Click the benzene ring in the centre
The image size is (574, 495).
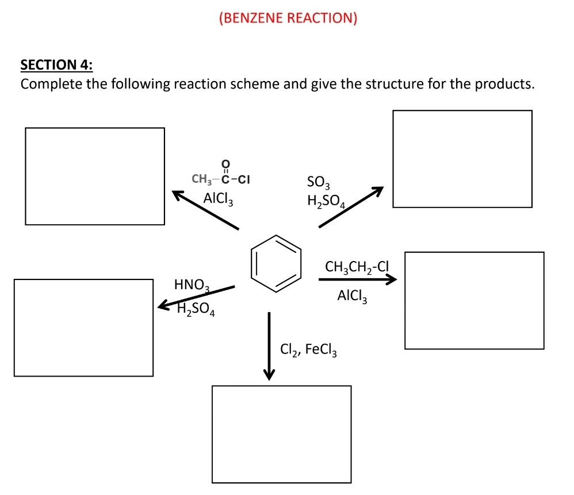click(x=277, y=264)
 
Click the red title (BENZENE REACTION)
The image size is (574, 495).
click(x=288, y=18)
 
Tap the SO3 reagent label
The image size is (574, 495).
click(x=319, y=183)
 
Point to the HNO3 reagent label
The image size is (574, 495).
click(x=192, y=284)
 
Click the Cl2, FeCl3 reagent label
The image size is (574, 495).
click(x=308, y=349)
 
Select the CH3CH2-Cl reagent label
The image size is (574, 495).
click(x=357, y=267)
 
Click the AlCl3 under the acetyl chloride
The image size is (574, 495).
click(x=218, y=198)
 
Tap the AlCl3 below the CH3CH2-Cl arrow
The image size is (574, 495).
click(x=353, y=296)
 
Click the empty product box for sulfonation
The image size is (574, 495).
click(x=462, y=159)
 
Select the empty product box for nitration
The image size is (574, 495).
click(x=83, y=327)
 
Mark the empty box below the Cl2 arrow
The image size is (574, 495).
click(x=281, y=434)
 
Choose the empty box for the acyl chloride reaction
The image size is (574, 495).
click(x=95, y=176)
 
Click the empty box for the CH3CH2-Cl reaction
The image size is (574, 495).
click(x=474, y=300)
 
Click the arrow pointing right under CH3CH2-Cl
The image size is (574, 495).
click(x=357, y=280)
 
